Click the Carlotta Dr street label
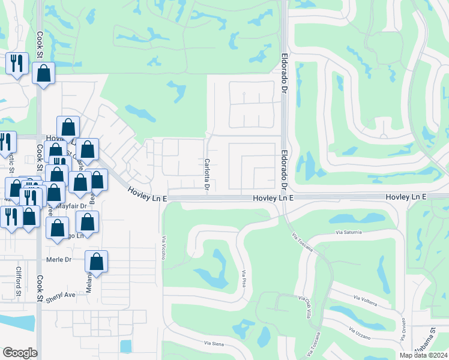click(x=206, y=175)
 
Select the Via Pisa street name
click(x=245, y=281)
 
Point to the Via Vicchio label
click(x=163, y=247)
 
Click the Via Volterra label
click(x=365, y=299)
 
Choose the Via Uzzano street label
click(x=361, y=331)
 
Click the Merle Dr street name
click(x=59, y=260)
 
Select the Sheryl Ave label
click(x=62, y=295)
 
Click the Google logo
click(x=20, y=353)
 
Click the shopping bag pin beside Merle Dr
click(x=96, y=262)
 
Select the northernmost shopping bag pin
click(x=43, y=74)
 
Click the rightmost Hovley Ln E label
click(x=406, y=197)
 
